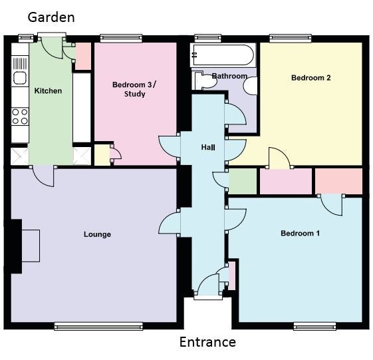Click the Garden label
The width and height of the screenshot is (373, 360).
(x=51, y=17)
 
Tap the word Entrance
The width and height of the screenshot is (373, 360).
(x=207, y=342)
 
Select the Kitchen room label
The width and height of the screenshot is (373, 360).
(x=48, y=90)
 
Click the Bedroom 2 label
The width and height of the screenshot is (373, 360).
(x=311, y=78)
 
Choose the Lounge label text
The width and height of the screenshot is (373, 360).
(x=97, y=234)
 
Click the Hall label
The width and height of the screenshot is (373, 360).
(x=208, y=146)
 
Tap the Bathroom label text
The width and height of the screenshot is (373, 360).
(x=229, y=77)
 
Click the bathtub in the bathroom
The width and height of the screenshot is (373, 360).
(x=222, y=53)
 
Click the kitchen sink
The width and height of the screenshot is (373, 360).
(x=19, y=70)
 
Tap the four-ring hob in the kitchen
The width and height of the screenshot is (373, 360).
(x=20, y=117)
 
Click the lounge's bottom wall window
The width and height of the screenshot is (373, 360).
(x=98, y=325)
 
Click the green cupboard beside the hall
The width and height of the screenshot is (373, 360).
(x=242, y=180)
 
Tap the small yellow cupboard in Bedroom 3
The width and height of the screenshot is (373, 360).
(x=101, y=154)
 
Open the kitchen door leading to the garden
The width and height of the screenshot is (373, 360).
(x=51, y=45)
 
